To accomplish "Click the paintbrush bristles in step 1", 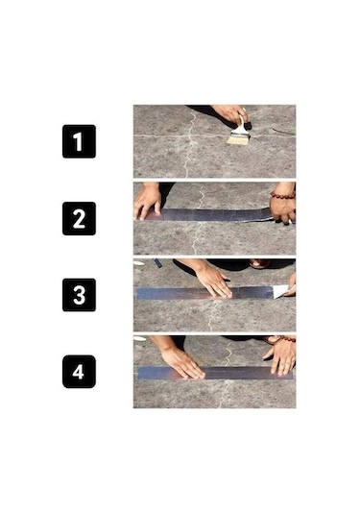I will pyautogui.click(x=236, y=138).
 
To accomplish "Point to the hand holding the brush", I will pyautogui.click(x=229, y=114).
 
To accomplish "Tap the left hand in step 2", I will pyautogui.click(x=148, y=200).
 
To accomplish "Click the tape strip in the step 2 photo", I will pyautogui.click(x=211, y=215).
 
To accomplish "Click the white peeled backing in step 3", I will pyautogui.click(x=279, y=291).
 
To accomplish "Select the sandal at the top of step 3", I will pyautogui.click(x=257, y=263).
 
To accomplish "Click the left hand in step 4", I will pyautogui.click(x=180, y=359).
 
